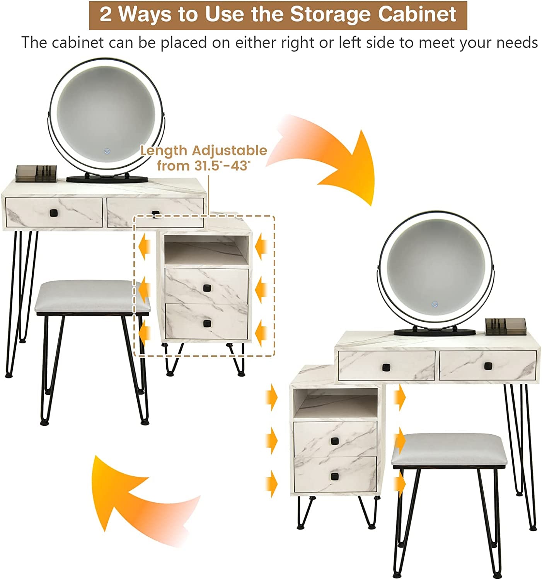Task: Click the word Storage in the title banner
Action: (330, 14)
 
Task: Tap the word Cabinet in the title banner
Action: (417, 14)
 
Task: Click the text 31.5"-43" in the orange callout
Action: (223, 165)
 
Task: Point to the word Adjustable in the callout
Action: (229, 151)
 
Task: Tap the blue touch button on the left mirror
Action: (107, 151)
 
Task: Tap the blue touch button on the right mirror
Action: (435, 304)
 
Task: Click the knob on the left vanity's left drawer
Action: (53, 213)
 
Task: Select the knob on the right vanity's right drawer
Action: (488, 366)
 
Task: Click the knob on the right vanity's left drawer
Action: (386, 367)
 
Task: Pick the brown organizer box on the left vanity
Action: (36, 174)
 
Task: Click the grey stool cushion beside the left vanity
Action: (92, 297)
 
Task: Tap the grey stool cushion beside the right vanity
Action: (449, 449)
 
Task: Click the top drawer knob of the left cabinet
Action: (207, 288)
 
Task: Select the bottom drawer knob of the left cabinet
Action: (207, 324)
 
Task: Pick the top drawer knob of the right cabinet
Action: (335, 440)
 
